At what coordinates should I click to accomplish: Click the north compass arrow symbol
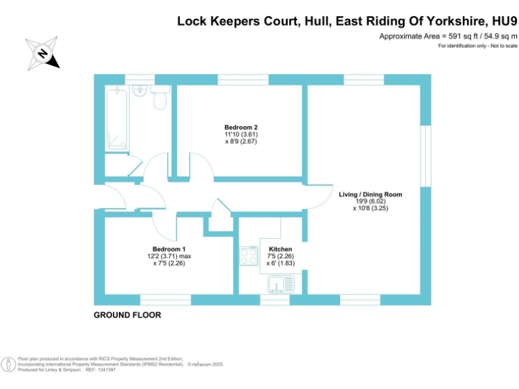pyautogui.click(x=43, y=53)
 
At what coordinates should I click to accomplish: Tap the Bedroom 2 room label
pyautogui.click(x=241, y=127)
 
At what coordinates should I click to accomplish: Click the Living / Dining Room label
pyautogui.click(x=370, y=194)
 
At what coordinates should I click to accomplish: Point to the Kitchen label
pyautogui.click(x=280, y=249)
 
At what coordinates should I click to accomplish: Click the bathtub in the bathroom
pyautogui.click(x=117, y=119)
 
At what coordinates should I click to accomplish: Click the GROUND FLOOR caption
pyautogui.click(x=128, y=315)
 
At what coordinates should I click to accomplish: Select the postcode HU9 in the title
pyautogui.click(x=503, y=21)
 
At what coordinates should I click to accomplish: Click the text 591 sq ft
pyautogui.click(x=450, y=36)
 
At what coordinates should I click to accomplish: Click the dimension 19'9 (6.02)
pyautogui.click(x=370, y=201)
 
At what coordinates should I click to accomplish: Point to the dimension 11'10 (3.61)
pyautogui.click(x=241, y=134)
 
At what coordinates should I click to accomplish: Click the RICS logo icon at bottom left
pyautogui.click(x=9, y=363)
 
